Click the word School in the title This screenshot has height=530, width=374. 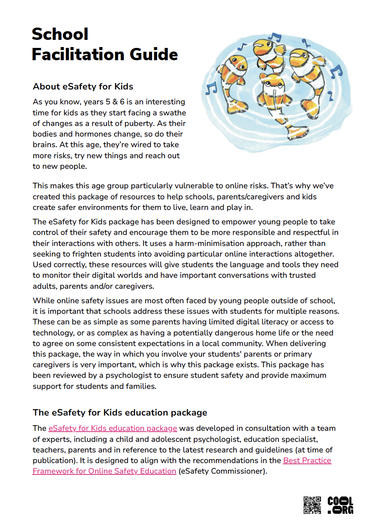[x=60, y=34]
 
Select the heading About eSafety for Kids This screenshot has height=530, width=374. [x=83, y=87]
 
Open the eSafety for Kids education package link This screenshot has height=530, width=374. [x=112, y=428]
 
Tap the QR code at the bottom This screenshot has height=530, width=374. [x=312, y=505]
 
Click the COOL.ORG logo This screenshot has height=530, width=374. [x=340, y=505]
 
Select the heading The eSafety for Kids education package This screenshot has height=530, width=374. [x=120, y=412]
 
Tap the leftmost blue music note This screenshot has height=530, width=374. [x=211, y=88]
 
